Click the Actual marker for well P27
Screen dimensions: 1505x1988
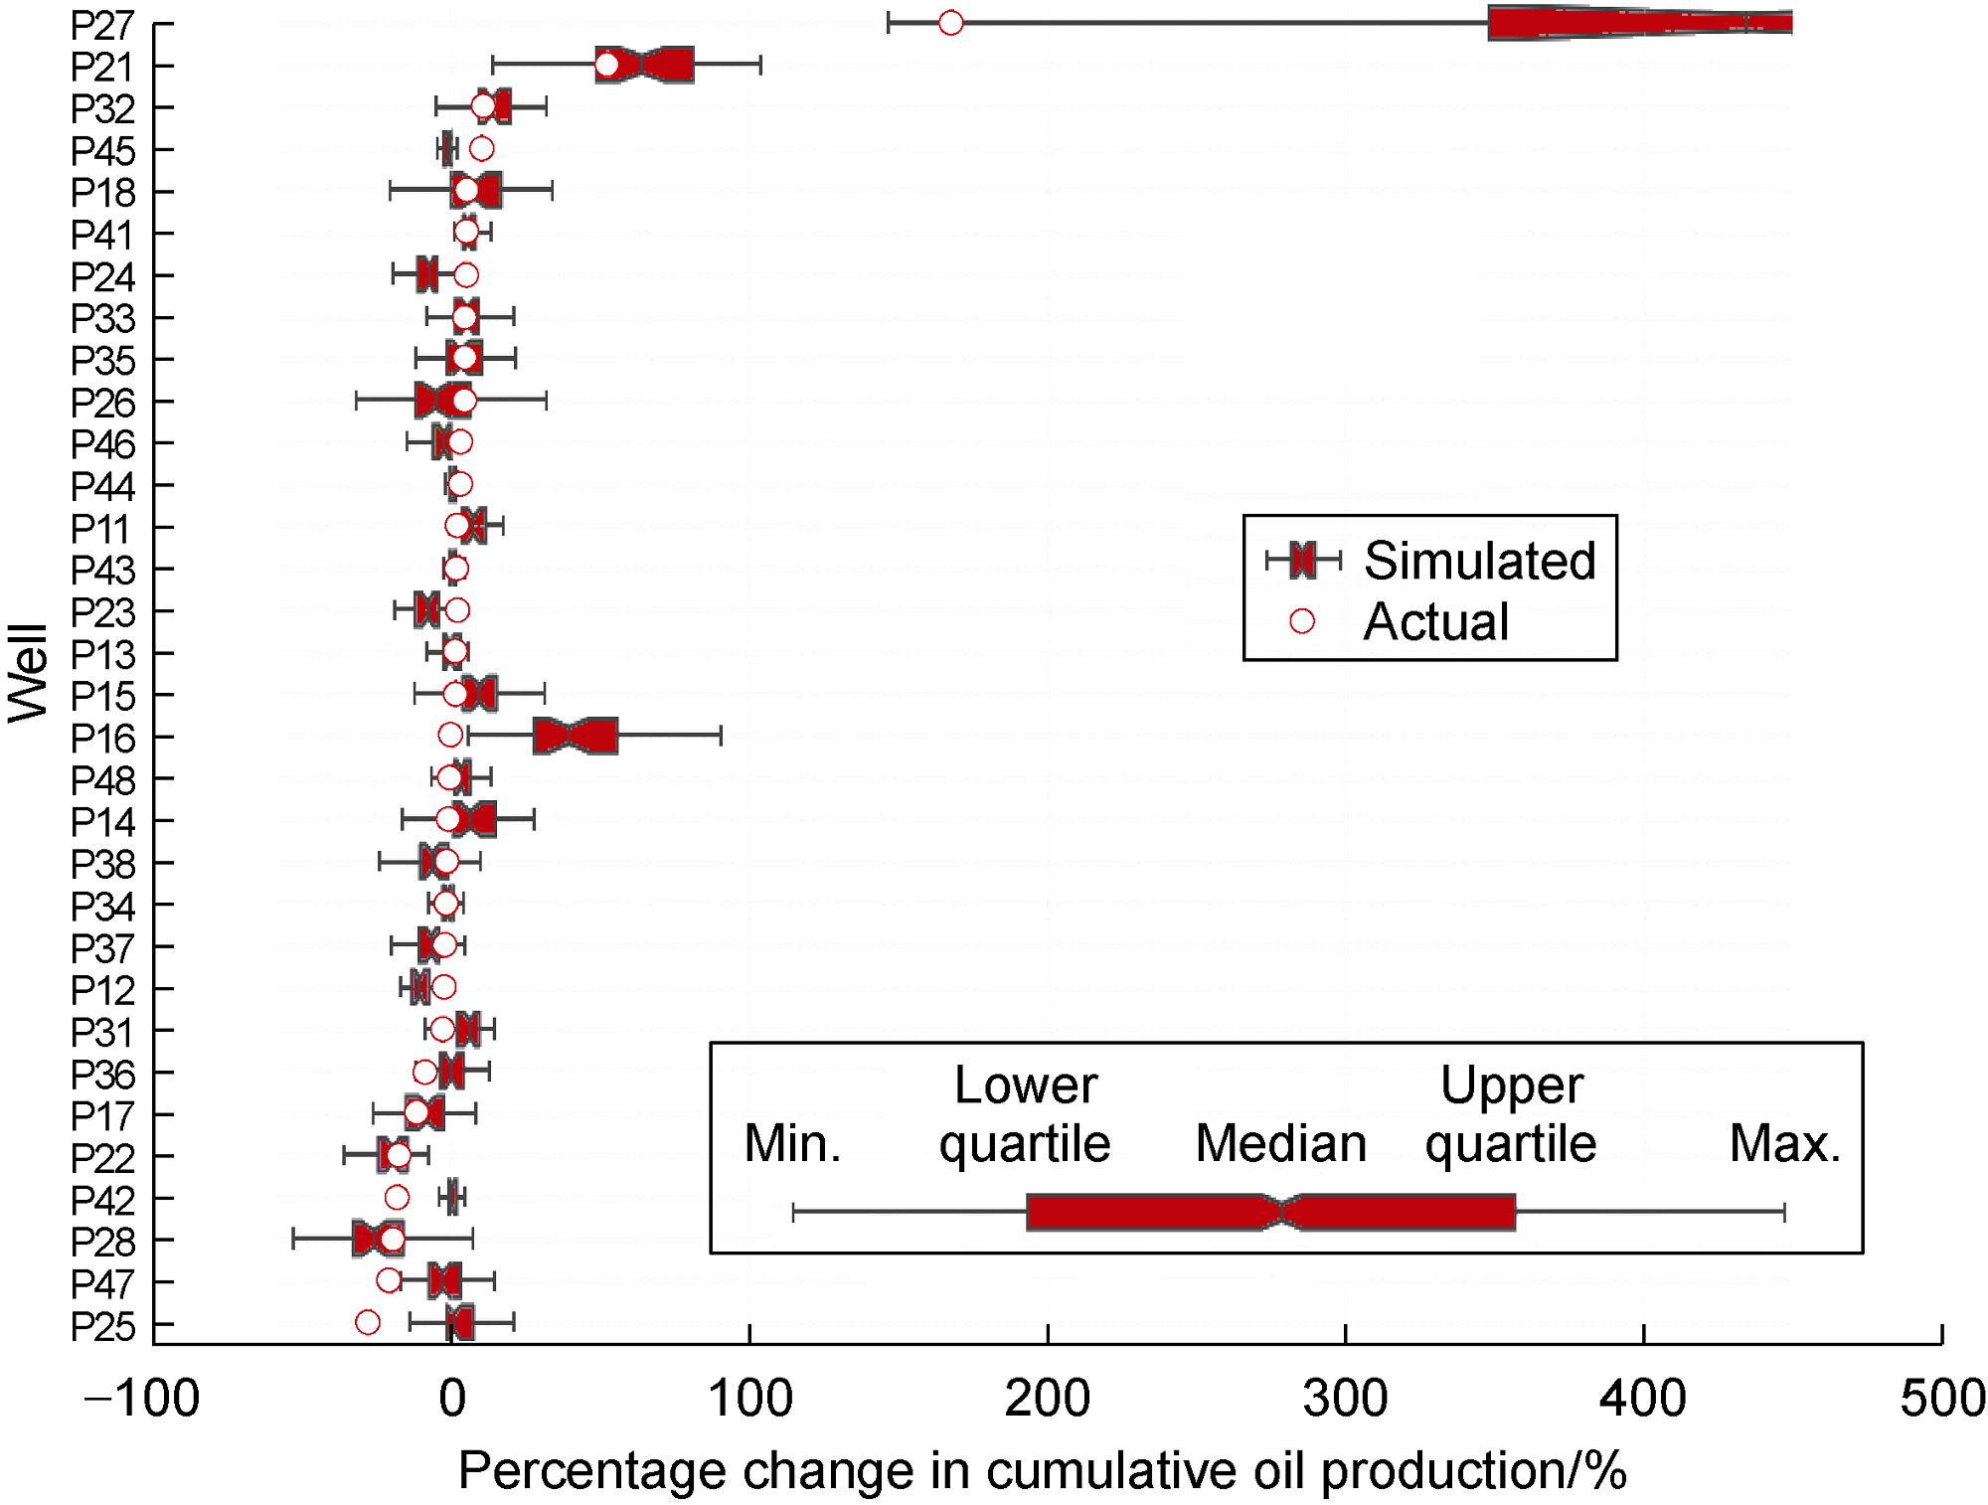point(950,23)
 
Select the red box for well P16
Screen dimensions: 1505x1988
point(576,736)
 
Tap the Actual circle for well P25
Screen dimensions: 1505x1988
point(368,1322)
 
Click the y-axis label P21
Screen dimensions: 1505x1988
point(102,67)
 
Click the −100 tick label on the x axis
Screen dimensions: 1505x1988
point(142,1399)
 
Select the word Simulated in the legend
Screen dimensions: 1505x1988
point(1479,561)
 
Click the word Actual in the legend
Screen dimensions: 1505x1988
point(1435,622)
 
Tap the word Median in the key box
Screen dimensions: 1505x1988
point(1280,1143)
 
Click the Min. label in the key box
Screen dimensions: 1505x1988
point(792,1143)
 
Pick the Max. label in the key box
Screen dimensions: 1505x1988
point(1784,1143)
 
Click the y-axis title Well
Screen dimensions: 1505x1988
point(28,672)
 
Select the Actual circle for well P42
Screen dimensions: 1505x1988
point(397,1197)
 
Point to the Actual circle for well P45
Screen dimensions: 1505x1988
point(481,149)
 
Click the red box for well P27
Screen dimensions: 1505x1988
point(1639,23)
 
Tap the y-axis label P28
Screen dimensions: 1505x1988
point(102,1243)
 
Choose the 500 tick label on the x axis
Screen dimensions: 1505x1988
point(1941,1399)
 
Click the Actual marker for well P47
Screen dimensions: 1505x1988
point(389,1280)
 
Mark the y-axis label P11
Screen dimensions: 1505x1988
point(102,529)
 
